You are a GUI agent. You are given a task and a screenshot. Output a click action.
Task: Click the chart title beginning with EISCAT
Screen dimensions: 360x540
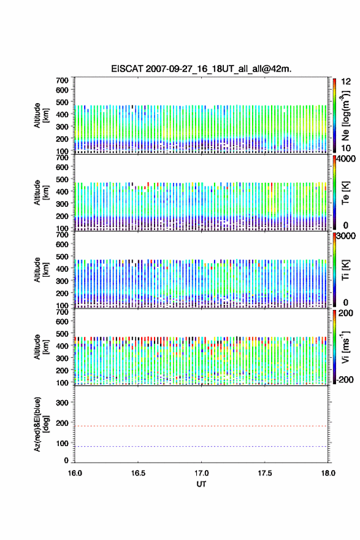[201, 69]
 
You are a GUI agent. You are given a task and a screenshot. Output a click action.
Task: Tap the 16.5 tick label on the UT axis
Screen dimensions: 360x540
[138, 473]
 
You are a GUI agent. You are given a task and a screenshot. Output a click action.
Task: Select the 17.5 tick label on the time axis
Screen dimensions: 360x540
[265, 473]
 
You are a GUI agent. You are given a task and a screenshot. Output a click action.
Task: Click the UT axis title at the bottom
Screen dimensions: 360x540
[201, 484]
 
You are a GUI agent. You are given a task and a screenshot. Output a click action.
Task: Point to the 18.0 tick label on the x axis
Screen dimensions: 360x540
[328, 473]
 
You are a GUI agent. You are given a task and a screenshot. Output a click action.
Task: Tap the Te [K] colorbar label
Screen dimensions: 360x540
[345, 193]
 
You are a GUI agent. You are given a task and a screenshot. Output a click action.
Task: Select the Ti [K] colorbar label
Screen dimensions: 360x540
[345, 270]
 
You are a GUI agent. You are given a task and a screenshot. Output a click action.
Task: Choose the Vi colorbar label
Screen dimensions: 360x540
[345, 347]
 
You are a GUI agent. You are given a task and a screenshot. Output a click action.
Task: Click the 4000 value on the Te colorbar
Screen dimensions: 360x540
[347, 159]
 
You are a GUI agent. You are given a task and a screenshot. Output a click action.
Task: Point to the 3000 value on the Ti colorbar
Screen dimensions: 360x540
[347, 236]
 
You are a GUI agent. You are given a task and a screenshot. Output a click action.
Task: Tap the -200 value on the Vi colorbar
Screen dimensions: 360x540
[345, 379]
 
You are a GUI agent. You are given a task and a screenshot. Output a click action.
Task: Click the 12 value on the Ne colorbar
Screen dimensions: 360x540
[346, 82]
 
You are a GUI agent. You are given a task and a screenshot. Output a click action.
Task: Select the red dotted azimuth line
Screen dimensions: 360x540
[201, 426]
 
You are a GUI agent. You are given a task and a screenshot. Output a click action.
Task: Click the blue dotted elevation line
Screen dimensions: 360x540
[201, 446]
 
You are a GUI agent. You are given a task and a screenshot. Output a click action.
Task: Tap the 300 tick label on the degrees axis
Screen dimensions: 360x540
[62, 403]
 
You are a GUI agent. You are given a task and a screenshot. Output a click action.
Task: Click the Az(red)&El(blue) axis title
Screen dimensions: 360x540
[41, 424]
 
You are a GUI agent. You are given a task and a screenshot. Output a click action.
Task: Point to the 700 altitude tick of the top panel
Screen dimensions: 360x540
[62, 80]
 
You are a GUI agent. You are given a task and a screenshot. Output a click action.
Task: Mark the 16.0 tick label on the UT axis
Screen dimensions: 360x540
[75, 473]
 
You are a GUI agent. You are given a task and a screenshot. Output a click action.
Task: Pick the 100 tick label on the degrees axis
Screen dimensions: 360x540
[62, 443]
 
